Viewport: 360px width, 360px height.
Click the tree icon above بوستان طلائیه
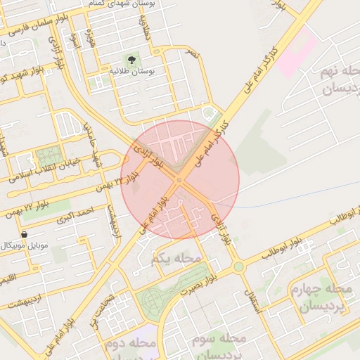[131, 59]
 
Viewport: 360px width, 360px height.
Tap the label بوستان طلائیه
[131, 72]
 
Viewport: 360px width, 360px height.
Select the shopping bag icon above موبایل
[25, 234]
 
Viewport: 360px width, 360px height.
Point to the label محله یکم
[176, 259]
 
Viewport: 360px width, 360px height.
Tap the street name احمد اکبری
[75, 217]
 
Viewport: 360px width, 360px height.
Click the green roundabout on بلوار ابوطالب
[239, 266]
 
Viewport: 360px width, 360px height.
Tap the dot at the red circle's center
[179, 180]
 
